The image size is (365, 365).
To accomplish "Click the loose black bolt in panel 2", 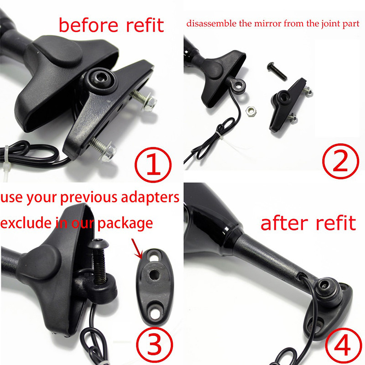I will click(276, 72).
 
